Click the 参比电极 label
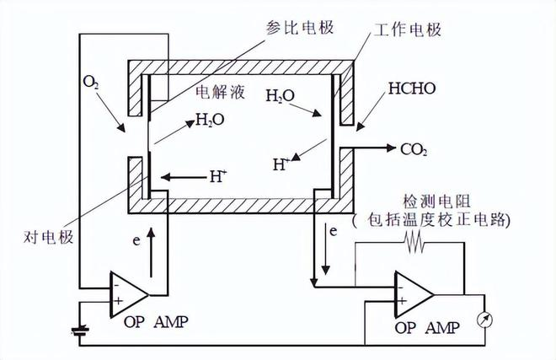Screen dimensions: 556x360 click(x=300, y=28)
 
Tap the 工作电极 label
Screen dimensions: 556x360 click(x=408, y=30)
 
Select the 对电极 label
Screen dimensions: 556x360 click(x=49, y=237)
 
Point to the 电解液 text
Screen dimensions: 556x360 click(x=220, y=92)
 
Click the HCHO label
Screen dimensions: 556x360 click(x=412, y=89)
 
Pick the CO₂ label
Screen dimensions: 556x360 click(x=414, y=150)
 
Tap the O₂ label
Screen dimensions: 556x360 click(x=90, y=82)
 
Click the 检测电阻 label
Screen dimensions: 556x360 click(x=436, y=201)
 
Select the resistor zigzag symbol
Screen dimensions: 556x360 click(x=414, y=242)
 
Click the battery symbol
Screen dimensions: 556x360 click(x=80, y=331)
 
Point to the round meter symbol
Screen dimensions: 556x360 click(x=484, y=320)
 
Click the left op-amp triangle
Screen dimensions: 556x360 click(x=129, y=295)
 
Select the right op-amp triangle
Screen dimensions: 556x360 click(x=414, y=294)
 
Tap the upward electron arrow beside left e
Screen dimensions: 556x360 click(x=151, y=252)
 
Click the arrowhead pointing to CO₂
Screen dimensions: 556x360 click(x=391, y=148)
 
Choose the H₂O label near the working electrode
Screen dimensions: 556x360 click(x=281, y=95)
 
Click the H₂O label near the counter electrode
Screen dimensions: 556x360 click(x=210, y=120)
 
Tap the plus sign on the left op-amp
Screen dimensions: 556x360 click(x=118, y=302)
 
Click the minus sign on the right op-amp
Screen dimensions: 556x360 click(x=401, y=287)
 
